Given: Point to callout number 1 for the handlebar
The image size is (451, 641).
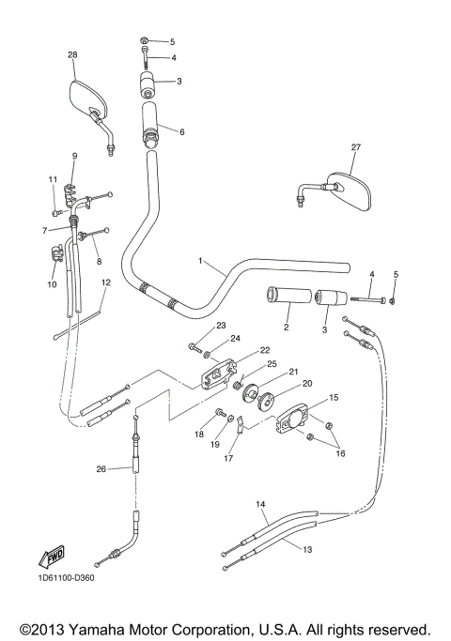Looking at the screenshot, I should [x=199, y=261].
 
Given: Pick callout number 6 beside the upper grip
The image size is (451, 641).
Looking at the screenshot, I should [x=181, y=132].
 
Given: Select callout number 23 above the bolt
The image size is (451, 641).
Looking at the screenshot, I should [x=222, y=326].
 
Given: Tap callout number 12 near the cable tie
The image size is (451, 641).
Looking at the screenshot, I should [x=106, y=282].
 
